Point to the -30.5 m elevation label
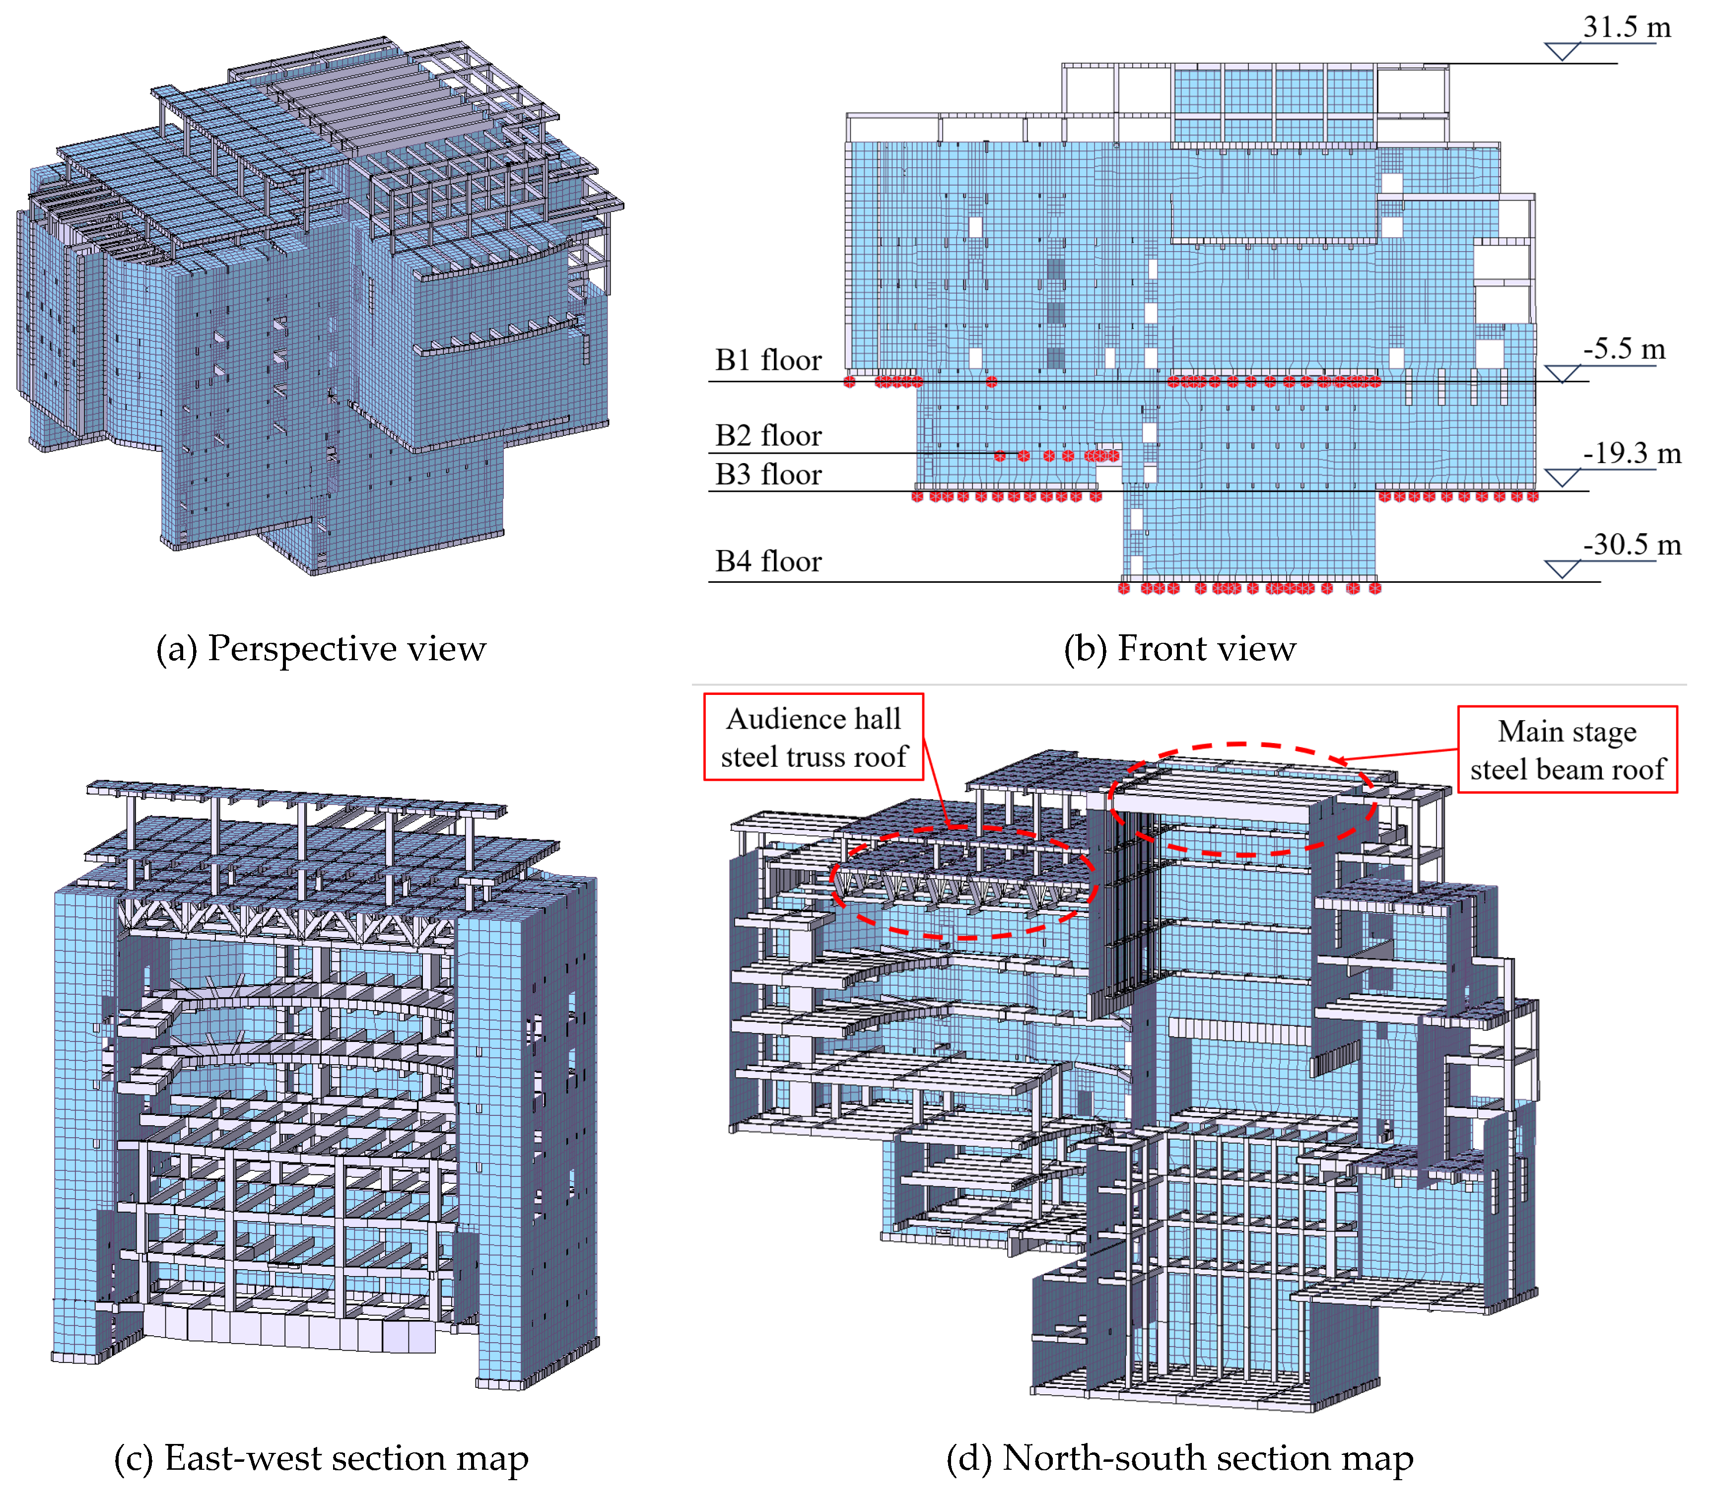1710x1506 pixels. (1632, 544)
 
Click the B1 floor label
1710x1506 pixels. (768, 360)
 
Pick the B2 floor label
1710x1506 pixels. (768, 435)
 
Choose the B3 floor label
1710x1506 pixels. (768, 475)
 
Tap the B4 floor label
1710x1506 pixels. (768, 560)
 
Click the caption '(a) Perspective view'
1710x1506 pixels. (321, 648)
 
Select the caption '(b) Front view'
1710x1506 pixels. (1179, 648)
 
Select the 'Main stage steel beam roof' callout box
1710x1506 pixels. (1567, 750)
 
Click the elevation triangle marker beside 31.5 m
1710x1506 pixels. (1561, 53)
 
